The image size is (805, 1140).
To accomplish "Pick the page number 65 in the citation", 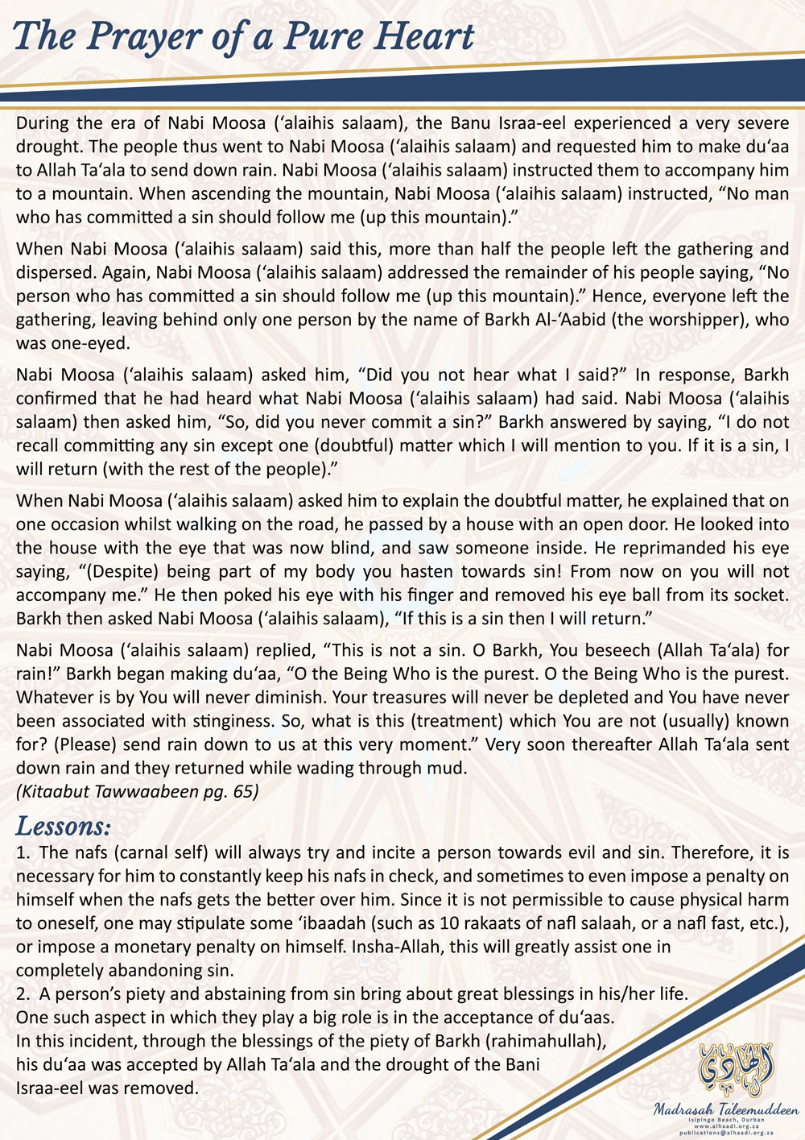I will click(242, 791).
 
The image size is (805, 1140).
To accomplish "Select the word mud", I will click(448, 768).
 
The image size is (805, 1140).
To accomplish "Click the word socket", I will click(758, 595).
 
